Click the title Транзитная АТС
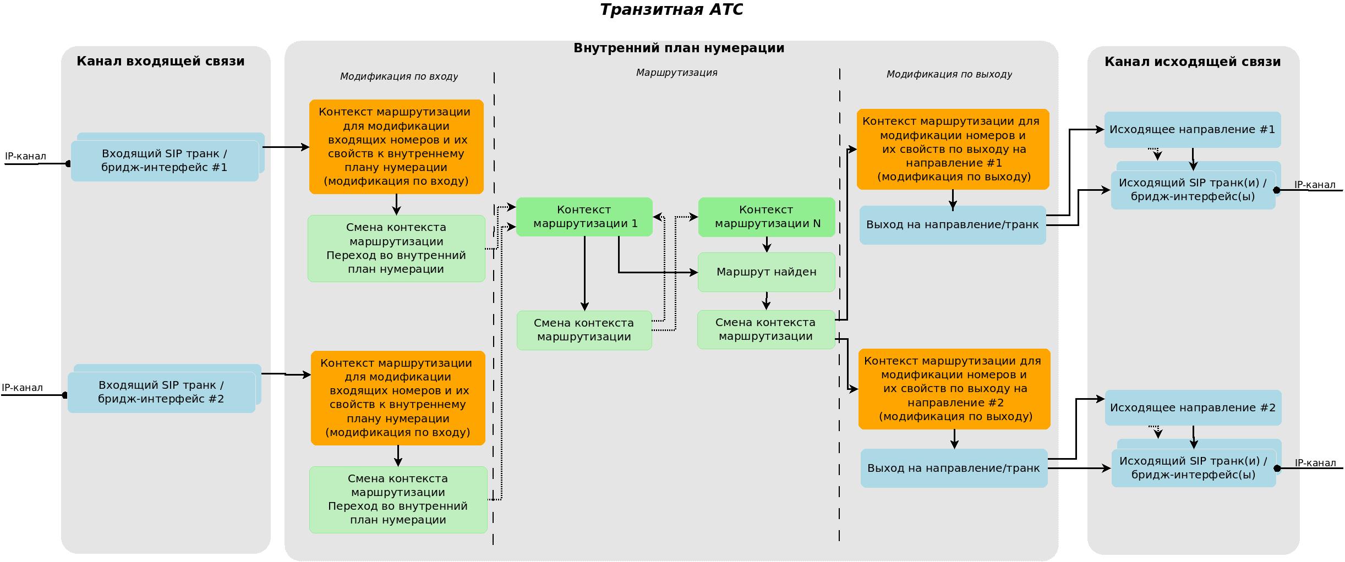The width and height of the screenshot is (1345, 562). point(671,10)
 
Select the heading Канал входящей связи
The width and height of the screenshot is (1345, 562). point(160,61)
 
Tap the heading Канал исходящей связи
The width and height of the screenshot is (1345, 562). point(1192,62)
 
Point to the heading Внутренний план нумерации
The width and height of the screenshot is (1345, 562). point(679,48)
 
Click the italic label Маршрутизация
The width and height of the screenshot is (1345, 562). point(676,73)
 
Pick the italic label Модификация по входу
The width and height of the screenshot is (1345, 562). point(398,76)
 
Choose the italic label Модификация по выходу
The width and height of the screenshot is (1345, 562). point(949,74)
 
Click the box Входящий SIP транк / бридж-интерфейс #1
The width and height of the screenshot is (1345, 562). point(165,161)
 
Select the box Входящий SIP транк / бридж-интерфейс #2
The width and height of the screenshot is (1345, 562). point(161,392)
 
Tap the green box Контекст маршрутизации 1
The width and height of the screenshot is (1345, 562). point(584,217)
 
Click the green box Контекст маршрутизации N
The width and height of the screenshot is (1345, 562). point(767,217)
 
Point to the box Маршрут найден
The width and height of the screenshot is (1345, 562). point(766,272)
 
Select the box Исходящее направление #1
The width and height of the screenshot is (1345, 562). point(1192,130)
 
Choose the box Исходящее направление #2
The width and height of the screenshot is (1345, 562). point(1193,407)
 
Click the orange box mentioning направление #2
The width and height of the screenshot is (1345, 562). point(954,389)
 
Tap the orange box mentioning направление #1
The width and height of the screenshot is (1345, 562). point(953,149)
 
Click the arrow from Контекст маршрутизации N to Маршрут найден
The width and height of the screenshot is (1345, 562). point(767,245)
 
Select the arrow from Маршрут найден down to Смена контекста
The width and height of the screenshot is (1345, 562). point(766,301)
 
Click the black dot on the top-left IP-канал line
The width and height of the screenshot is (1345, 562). point(68,163)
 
